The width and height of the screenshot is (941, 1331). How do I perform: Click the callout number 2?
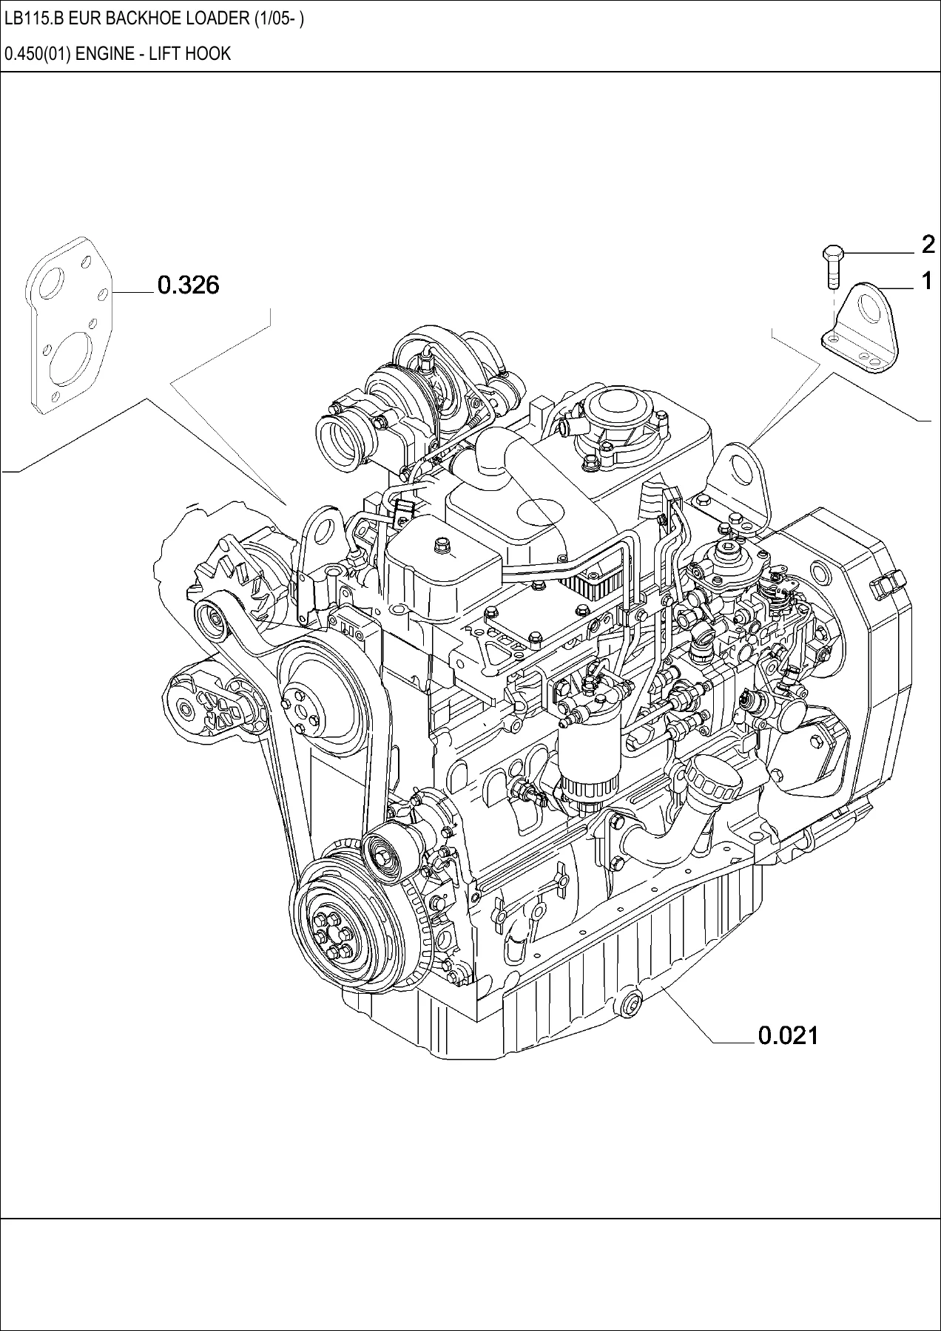[928, 244]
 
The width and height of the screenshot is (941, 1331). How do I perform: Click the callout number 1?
[926, 281]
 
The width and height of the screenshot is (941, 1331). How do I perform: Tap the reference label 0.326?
[189, 285]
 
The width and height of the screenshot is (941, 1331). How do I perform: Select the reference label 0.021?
[789, 1035]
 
